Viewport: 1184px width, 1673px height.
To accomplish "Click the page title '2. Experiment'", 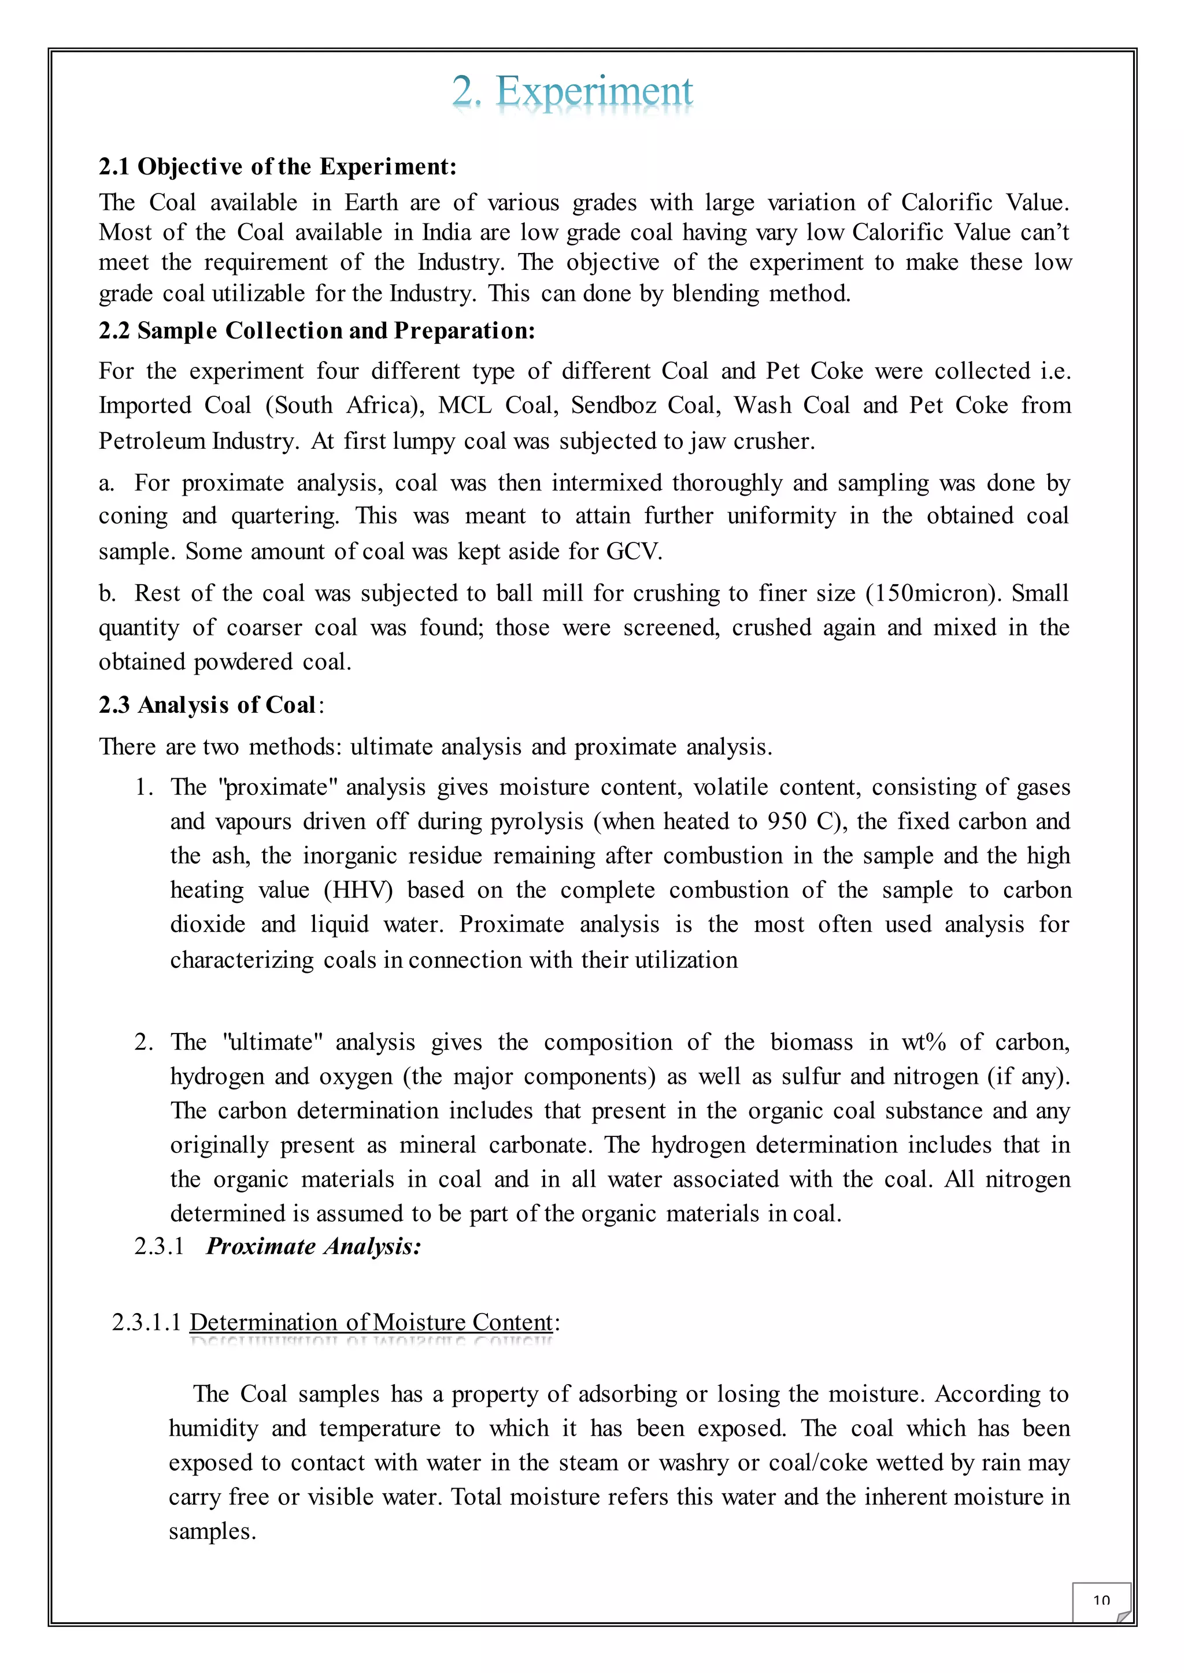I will tap(572, 92).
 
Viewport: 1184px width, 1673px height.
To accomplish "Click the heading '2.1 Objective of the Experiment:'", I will tap(277, 167).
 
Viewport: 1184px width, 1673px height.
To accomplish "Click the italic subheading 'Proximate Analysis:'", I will tap(313, 1246).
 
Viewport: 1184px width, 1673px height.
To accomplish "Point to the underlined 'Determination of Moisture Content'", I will tap(371, 1322).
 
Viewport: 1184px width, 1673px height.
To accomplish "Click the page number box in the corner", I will tap(1101, 1601).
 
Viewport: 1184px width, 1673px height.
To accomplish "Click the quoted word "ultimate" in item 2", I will tap(272, 1042).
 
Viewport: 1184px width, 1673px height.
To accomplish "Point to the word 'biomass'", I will tap(811, 1042).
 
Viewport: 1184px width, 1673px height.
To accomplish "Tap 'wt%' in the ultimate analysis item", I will tap(923, 1042).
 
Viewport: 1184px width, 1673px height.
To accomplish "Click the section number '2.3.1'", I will tap(159, 1246).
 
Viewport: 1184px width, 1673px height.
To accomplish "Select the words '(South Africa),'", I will tap(345, 405).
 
